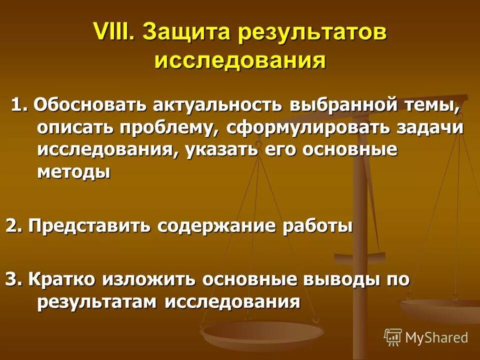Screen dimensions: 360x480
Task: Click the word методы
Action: pos(73,171)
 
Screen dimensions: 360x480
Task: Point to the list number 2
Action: pos(13,226)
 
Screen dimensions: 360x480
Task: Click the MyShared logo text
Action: pos(436,337)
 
